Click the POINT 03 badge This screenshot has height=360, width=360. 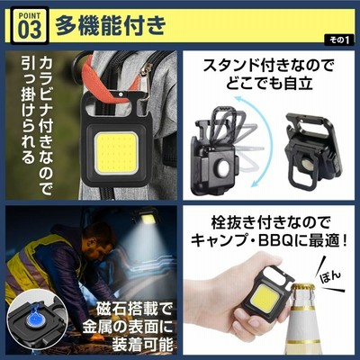[30, 25]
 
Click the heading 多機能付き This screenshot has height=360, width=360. [110, 25]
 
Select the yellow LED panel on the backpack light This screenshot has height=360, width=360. [117, 153]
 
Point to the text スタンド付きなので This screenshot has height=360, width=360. [268, 66]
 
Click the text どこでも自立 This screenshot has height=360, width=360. [269, 83]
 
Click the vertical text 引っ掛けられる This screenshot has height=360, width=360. [28, 110]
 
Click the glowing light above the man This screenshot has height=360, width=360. [146, 220]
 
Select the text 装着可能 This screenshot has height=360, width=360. [142, 344]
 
